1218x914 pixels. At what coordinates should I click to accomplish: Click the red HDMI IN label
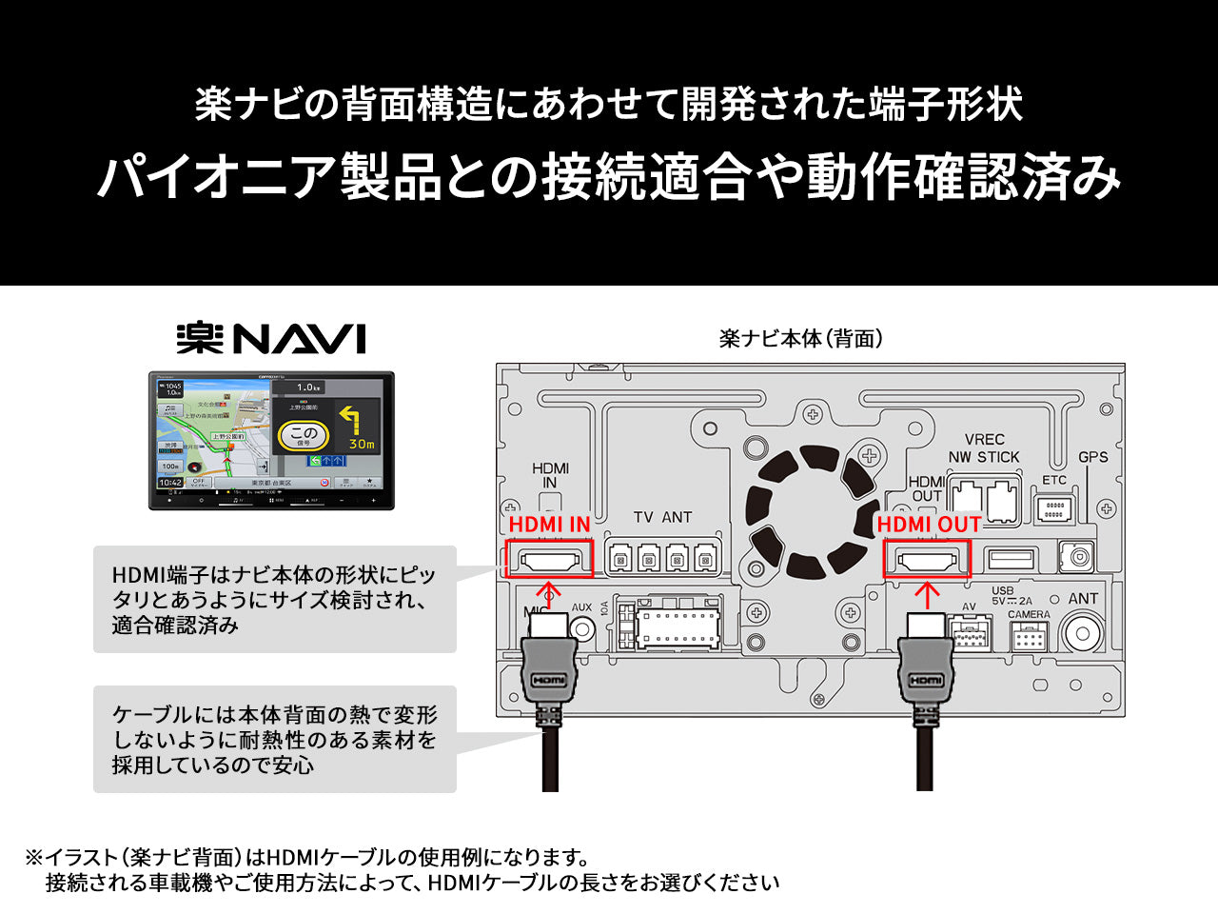549,524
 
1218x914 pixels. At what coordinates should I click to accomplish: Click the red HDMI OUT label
928,524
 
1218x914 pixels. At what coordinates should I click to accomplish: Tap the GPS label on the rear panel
1092,457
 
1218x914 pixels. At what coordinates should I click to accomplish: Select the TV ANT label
662,517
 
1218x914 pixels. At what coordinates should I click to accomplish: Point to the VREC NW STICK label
984,448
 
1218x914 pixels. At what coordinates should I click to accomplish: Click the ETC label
1054,480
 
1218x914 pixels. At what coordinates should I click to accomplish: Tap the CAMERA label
1029,615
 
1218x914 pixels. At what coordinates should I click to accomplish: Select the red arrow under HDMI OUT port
927,595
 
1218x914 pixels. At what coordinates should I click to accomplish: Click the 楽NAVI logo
271,339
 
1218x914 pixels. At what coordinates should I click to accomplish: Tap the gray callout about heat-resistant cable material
274,739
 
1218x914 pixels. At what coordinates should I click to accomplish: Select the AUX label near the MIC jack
581,607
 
